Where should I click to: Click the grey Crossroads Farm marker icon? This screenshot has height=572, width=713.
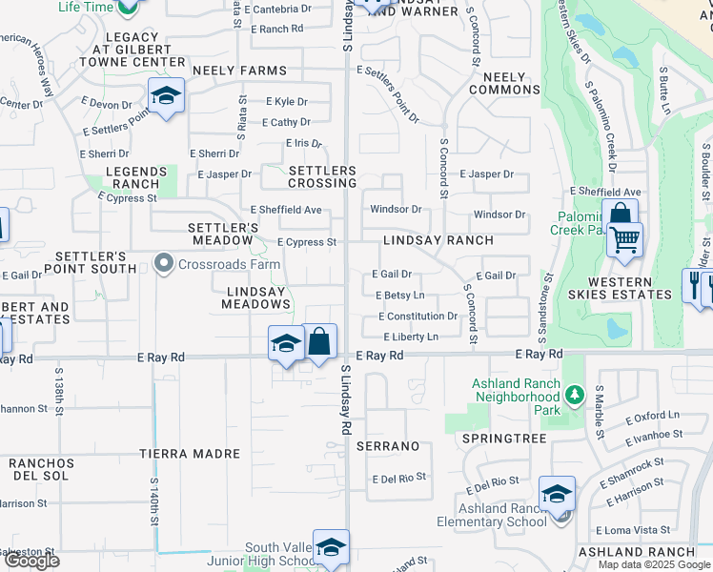point(164,263)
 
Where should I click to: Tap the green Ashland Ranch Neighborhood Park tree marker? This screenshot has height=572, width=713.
point(573,393)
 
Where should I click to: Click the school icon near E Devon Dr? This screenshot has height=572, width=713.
point(166,96)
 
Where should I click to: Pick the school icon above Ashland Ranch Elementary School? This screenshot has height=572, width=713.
point(557,495)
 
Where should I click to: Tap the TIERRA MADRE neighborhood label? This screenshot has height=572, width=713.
point(189,454)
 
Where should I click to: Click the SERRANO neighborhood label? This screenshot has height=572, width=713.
point(388,446)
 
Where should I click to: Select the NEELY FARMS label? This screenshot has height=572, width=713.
point(239,71)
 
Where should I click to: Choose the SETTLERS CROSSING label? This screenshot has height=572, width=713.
point(322,176)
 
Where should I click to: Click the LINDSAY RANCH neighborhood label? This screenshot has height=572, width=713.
point(438,241)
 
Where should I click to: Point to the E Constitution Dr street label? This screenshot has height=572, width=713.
point(418,317)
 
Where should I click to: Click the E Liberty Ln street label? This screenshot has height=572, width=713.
point(411,337)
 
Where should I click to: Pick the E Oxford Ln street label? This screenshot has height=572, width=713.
point(652,416)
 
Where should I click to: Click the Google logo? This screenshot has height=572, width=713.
point(31,561)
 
